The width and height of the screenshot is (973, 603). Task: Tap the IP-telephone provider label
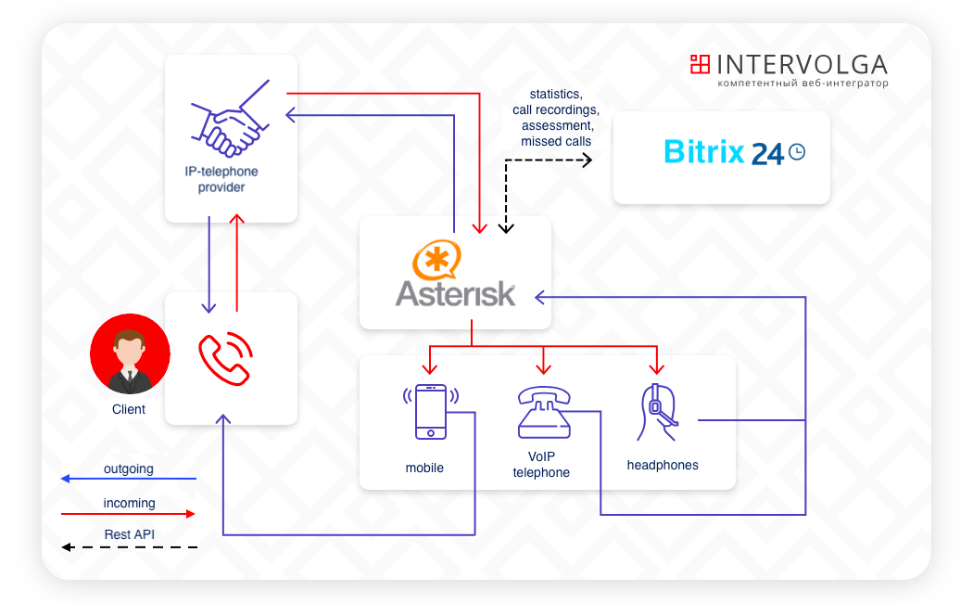pyautogui.click(x=221, y=179)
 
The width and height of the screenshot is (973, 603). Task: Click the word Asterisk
pyautogui.click(x=455, y=292)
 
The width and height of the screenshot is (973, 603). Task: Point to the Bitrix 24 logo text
pyautogui.click(x=724, y=151)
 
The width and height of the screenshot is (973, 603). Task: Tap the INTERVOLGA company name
pyautogui.click(x=802, y=64)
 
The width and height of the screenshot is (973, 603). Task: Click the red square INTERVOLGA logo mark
pyautogui.click(x=700, y=64)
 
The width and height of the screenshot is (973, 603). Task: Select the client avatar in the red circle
pyautogui.click(x=130, y=353)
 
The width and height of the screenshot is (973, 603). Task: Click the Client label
pyautogui.click(x=129, y=409)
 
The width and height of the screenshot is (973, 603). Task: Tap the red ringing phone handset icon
pyautogui.click(x=225, y=358)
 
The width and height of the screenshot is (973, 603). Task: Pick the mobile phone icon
pyautogui.click(x=429, y=411)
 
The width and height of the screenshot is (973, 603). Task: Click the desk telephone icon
pyautogui.click(x=543, y=412)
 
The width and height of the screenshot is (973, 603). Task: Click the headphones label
pyautogui.click(x=663, y=465)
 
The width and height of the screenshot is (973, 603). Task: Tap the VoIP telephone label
pyautogui.click(x=541, y=465)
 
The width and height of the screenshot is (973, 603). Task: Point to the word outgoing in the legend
pyautogui.click(x=129, y=469)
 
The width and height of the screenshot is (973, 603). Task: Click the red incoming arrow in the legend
pyautogui.click(x=129, y=513)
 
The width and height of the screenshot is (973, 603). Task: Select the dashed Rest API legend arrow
pyautogui.click(x=129, y=547)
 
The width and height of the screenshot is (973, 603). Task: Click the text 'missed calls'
pyautogui.click(x=556, y=141)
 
